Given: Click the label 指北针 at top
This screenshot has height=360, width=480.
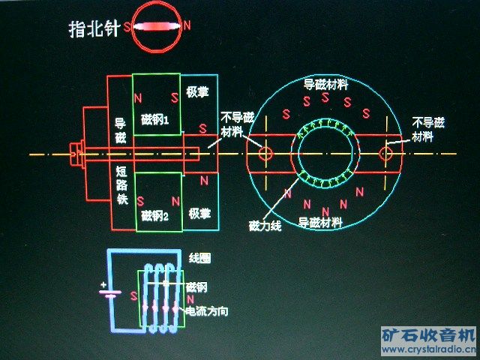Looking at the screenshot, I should [x=94, y=28].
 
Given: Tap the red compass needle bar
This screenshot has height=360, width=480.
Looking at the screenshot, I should [x=158, y=26].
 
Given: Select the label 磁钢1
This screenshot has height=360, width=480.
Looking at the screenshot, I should [x=156, y=118].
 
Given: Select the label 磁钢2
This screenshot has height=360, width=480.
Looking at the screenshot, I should [x=156, y=215].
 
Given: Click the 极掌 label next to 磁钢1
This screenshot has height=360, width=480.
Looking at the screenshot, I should [x=199, y=91].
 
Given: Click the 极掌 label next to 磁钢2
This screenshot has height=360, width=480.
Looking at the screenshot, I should [x=199, y=213].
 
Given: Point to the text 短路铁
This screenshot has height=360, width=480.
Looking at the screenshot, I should [x=121, y=186].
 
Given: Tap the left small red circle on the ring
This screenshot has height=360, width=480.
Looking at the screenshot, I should [x=265, y=153].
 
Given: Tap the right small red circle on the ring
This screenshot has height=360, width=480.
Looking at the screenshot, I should [x=386, y=154].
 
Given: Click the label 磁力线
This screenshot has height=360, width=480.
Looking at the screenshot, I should [x=265, y=225].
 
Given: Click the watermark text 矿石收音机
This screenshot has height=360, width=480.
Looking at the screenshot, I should [x=428, y=334].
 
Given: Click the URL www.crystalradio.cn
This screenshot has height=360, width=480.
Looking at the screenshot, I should [x=428, y=349].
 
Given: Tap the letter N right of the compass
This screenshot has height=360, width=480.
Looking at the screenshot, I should [x=187, y=25].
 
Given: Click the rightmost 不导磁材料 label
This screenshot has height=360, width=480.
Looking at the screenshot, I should [x=428, y=129].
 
